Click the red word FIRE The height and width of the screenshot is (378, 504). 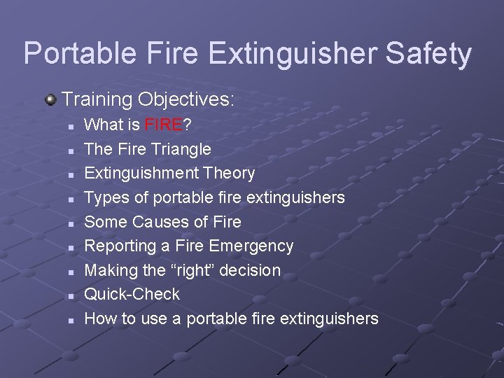pyautogui.click(x=163, y=125)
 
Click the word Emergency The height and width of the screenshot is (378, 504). pyautogui.click(x=251, y=246)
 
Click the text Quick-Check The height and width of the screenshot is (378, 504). pyautogui.click(x=132, y=294)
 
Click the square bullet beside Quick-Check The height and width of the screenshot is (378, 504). pyautogui.click(x=71, y=295)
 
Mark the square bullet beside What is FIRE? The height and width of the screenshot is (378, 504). pyautogui.click(x=71, y=126)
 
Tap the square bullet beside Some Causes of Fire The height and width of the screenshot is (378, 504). pyautogui.click(x=71, y=223)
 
